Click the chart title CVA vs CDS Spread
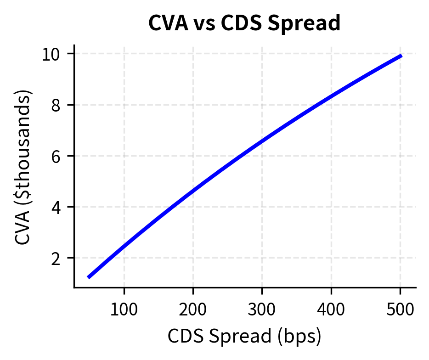pyautogui.click(x=244, y=23)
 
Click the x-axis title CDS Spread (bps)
pyautogui.click(x=244, y=337)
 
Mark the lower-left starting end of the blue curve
pyautogui.click(x=89, y=277)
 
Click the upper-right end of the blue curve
pyautogui.click(x=401, y=56)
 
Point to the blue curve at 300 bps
pyautogui.click(x=262, y=141)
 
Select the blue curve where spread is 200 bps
pyautogui.click(x=193, y=190)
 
